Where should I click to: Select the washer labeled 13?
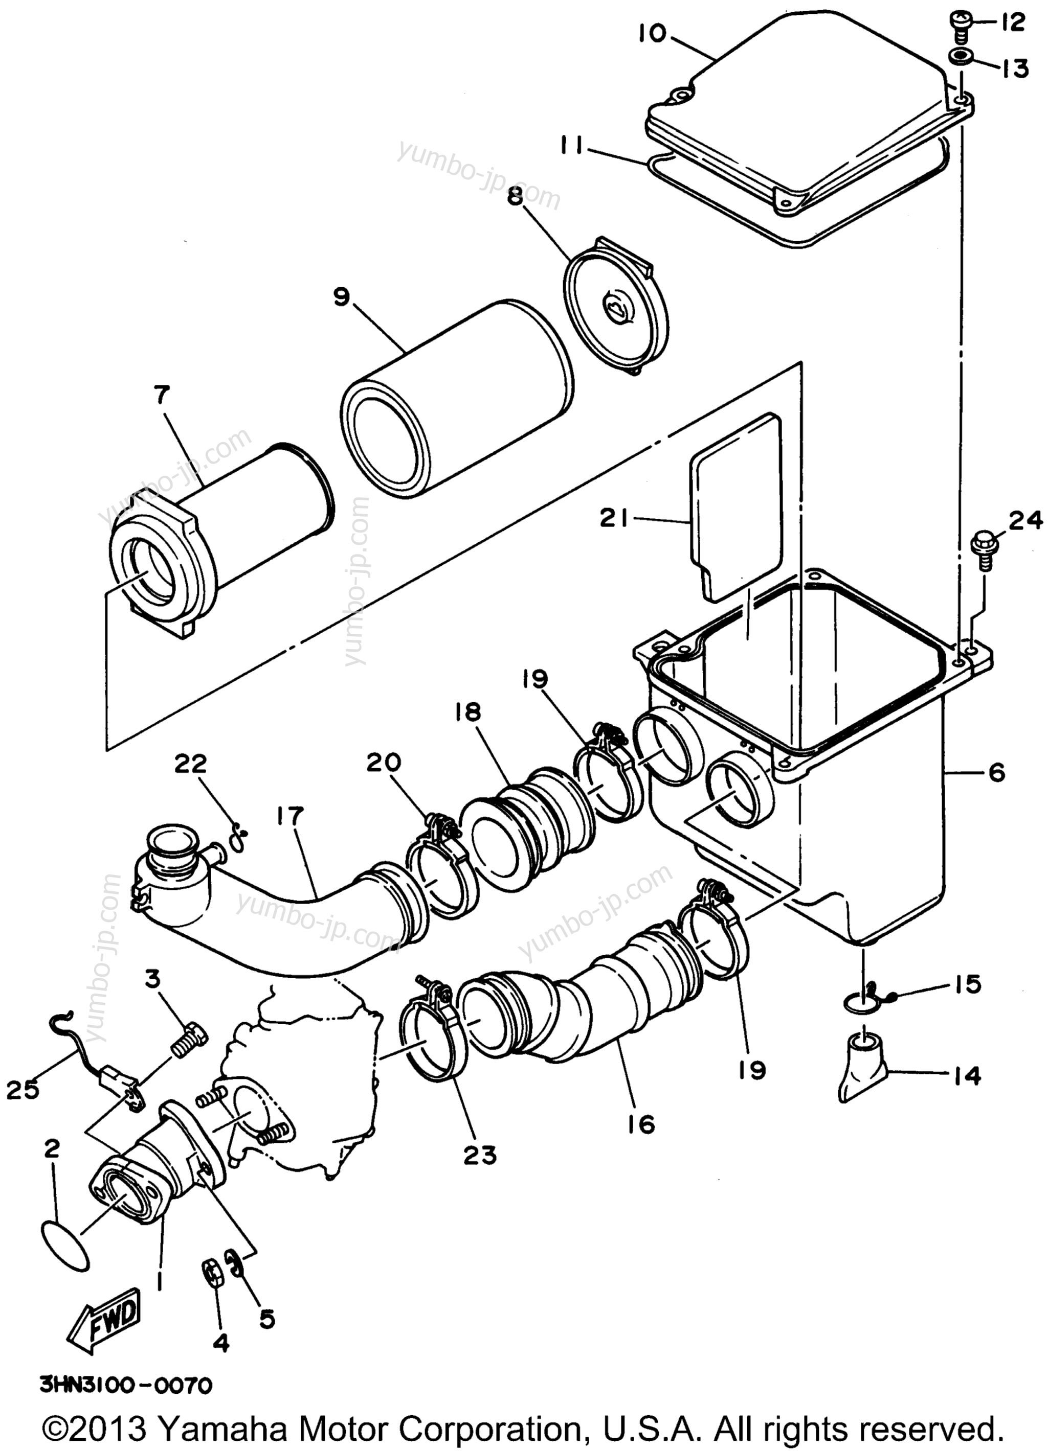[961, 58]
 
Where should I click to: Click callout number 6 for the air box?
[996, 773]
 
